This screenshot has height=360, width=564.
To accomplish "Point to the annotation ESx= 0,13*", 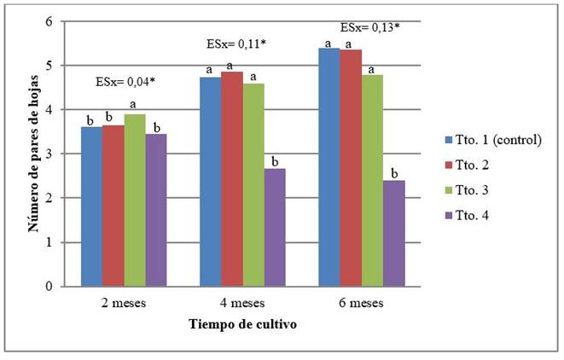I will [369, 27].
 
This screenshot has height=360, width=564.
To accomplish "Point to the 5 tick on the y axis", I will [50, 66].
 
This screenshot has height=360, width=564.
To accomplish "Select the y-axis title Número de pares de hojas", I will [33, 154].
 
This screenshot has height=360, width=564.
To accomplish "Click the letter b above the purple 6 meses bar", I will [394, 173].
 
